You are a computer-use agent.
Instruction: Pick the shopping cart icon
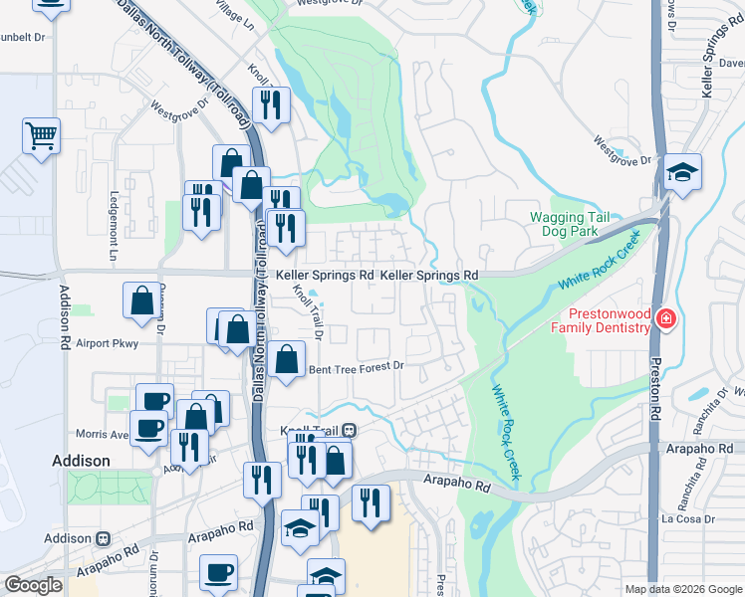pyautogui.click(x=41, y=134)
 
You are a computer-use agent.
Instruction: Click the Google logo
pyautogui.click(x=33, y=585)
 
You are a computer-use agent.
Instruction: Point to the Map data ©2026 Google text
pyautogui.click(x=682, y=589)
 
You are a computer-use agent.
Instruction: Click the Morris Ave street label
pyautogui.click(x=104, y=435)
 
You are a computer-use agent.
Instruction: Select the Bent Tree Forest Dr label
pyautogui.click(x=356, y=367)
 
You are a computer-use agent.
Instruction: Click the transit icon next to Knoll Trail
pyautogui.click(x=349, y=431)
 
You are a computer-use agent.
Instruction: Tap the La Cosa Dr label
pyautogui.click(x=688, y=519)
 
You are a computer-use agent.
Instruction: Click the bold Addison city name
pyautogui.click(x=81, y=461)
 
